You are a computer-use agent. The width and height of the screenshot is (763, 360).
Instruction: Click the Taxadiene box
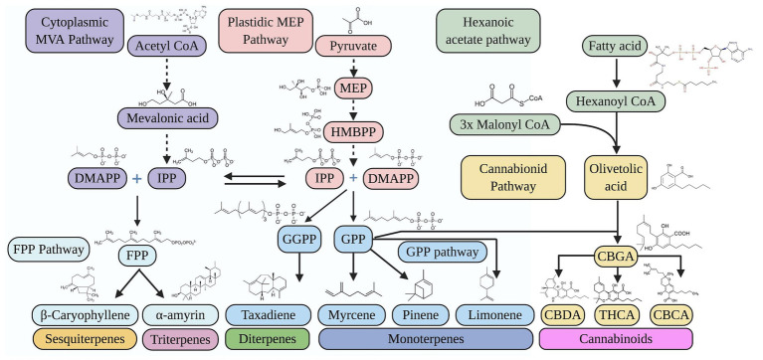pos(272,316)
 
